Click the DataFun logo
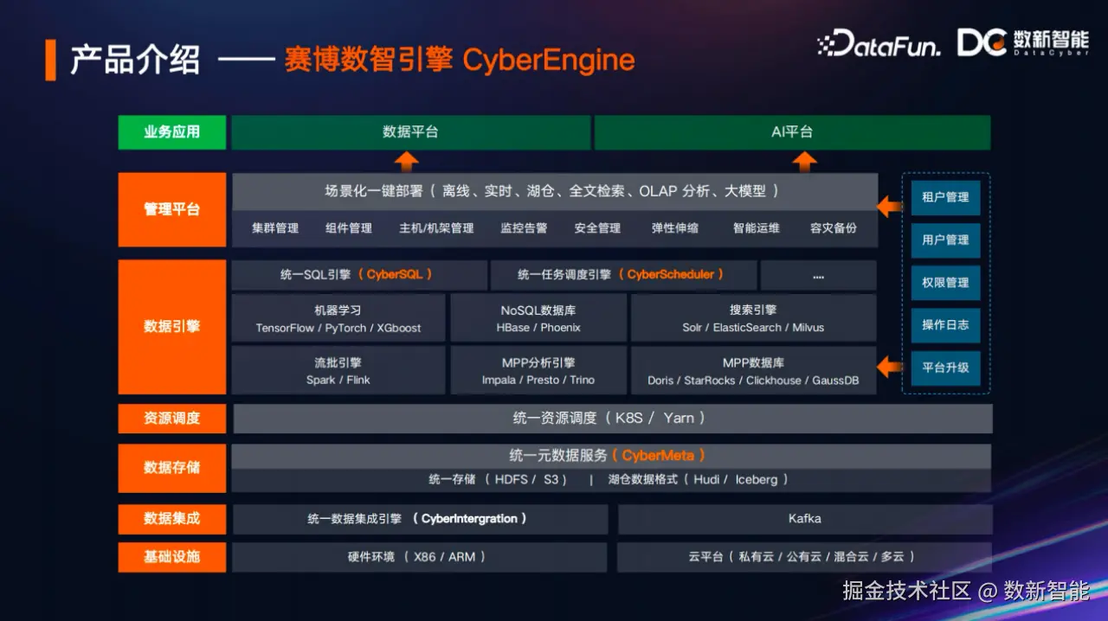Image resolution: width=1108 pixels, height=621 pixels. [879, 43]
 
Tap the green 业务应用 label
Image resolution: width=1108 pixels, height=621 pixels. [171, 132]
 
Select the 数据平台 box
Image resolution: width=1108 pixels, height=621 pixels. [410, 132]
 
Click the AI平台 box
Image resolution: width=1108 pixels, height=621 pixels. [792, 132]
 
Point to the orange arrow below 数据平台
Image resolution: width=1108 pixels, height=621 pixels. [406, 161]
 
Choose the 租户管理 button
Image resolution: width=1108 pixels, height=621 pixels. [945, 197]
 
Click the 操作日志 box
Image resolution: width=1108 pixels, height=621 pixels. [945, 325]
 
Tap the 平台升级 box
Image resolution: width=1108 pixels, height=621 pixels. [945, 368]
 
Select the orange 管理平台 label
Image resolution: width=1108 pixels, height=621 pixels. [171, 209]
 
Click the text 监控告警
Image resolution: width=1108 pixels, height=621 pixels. [524, 228]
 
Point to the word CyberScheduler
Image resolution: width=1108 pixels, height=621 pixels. [671, 275]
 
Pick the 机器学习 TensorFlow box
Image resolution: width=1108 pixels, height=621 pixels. [338, 318]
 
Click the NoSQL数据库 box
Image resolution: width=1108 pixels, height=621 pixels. [538, 318]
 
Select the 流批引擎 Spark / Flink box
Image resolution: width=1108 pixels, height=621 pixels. [338, 371]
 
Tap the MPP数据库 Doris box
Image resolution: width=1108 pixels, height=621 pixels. [753, 371]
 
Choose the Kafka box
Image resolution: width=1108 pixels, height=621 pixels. [804, 519]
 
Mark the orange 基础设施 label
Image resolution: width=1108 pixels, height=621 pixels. [171, 557]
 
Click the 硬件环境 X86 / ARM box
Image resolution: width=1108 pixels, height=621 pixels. [416, 557]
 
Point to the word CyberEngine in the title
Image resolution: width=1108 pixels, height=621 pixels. [549, 61]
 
